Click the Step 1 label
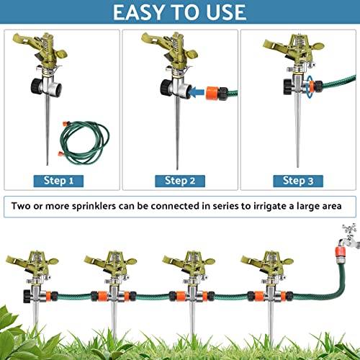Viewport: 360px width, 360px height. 63,181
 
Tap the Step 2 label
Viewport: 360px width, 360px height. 180,181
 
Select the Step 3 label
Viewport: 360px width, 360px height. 298,181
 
